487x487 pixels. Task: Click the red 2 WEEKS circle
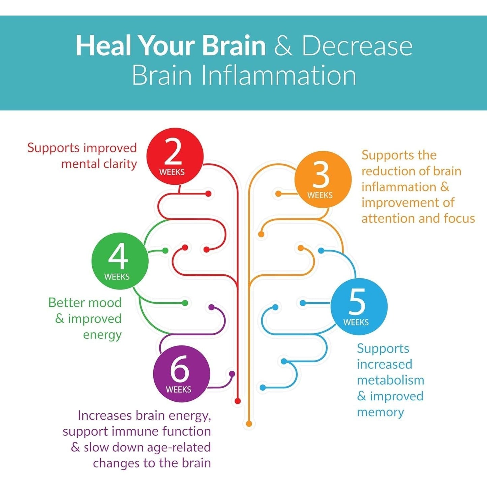175,156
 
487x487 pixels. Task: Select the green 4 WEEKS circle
120,261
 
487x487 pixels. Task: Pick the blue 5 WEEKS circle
359,306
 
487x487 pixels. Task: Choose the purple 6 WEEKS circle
181,374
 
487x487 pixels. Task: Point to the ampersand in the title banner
283,46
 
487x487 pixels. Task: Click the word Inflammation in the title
279,75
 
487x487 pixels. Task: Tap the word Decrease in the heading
357,46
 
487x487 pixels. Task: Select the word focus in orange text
459,218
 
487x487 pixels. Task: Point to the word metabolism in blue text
390,380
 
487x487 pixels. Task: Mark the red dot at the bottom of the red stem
238,401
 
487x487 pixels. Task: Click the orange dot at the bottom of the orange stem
249,424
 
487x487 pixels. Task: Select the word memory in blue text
380,412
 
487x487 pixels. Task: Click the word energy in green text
102,335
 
